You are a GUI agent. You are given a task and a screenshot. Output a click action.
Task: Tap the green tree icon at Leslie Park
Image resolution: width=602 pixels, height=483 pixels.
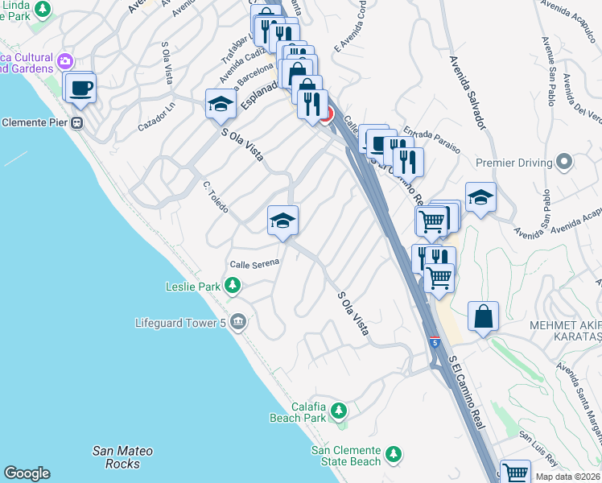[x=233, y=285]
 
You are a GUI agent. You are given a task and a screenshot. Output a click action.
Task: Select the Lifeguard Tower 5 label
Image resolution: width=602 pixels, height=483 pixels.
[x=181, y=324]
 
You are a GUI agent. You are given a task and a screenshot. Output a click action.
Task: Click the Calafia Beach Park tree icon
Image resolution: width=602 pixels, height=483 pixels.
[x=339, y=411]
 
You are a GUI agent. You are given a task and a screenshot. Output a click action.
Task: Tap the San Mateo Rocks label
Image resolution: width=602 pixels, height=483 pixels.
[x=122, y=457]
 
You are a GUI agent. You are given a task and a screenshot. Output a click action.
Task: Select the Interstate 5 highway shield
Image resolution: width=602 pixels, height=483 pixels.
[x=434, y=341]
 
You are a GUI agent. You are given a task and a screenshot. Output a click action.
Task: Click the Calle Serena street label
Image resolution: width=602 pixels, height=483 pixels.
[x=254, y=263]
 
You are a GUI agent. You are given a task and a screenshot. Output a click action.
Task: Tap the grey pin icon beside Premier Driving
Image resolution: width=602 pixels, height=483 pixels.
[x=564, y=162]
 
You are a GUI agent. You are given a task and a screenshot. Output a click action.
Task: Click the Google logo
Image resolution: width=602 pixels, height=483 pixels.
[x=27, y=473]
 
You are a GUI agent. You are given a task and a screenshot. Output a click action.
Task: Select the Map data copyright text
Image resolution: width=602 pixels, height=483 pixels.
[x=567, y=477]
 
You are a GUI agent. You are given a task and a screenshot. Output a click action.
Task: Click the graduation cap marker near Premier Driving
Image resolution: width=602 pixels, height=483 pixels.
[x=480, y=197]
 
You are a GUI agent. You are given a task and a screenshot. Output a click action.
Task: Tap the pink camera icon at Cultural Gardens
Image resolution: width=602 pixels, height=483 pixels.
[x=64, y=60]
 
